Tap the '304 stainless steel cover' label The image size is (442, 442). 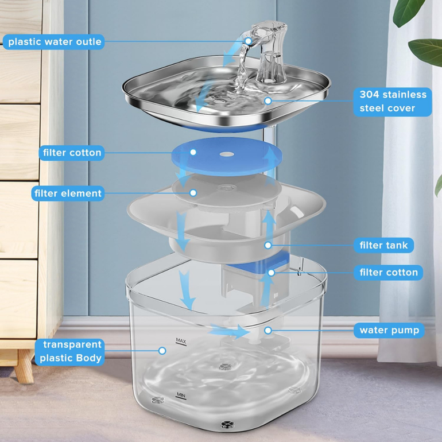coord(393,102)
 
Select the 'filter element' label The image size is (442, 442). coord(68,193)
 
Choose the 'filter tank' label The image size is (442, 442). coord(383,245)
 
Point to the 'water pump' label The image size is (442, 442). coord(389,331)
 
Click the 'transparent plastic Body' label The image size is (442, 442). coord(70,351)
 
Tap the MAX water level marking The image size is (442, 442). coord(181,341)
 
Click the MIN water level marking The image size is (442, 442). coord(181,396)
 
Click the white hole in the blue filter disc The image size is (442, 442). coord(227,154)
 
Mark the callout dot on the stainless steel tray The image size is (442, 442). coord(268,100)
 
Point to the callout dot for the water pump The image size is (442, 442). coord(268,331)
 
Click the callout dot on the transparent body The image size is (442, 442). coord(162,351)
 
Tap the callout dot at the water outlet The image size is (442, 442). coord(248,41)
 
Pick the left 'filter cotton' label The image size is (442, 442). coord(72,153)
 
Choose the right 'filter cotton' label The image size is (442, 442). coord(389,273)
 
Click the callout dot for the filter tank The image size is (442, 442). coord(268,245)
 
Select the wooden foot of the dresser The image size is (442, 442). coord(25,366)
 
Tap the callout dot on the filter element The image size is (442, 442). coord(193,193)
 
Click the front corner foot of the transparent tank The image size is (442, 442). coord(227,424)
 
